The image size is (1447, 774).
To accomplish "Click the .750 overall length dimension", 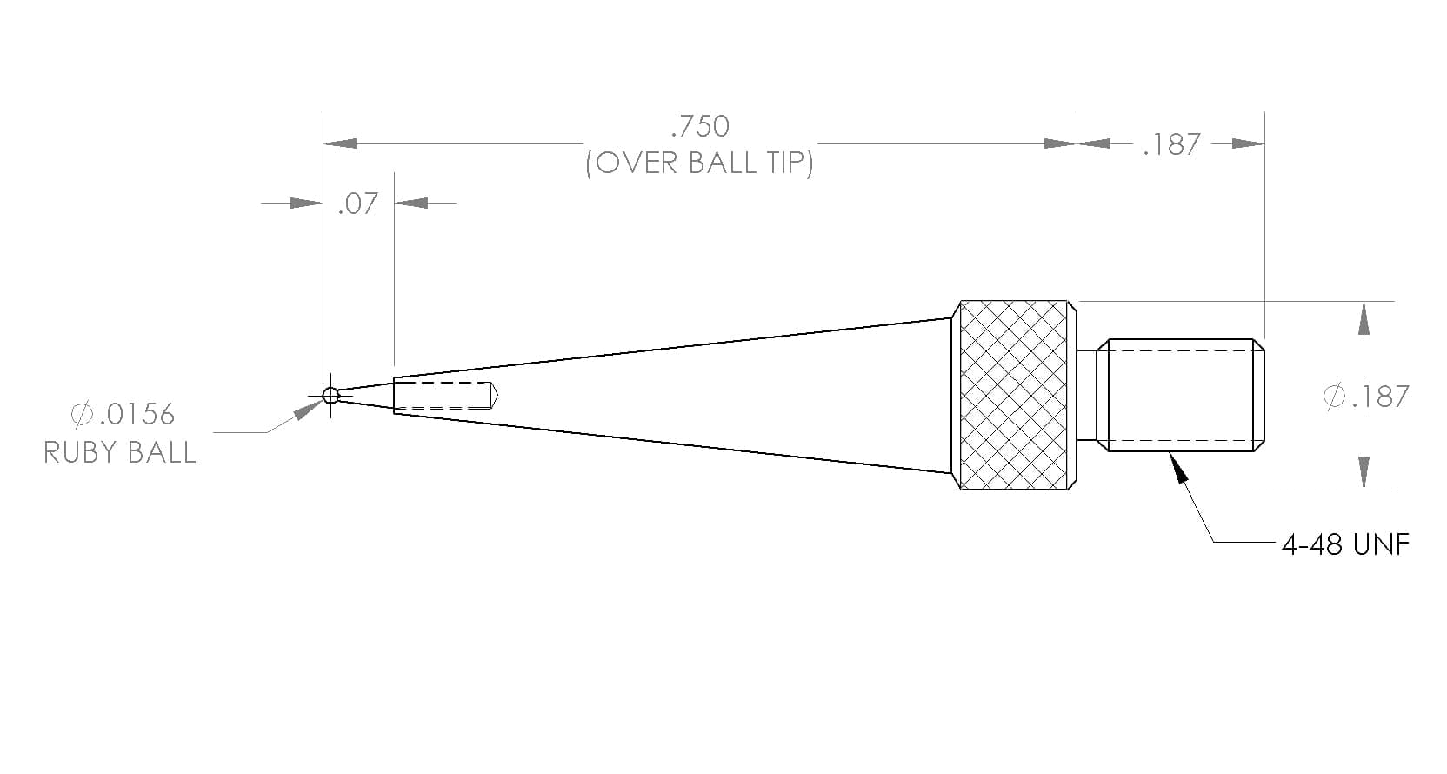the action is (x=700, y=126).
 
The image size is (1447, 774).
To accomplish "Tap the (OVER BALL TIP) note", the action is (x=700, y=163).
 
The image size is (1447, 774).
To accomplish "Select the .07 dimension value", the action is (x=358, y=204).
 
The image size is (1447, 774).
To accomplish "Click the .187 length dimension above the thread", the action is (x=1171, y=144).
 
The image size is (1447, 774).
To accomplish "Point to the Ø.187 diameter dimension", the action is (x=1365, y=396).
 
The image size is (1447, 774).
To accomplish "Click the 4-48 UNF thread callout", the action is (x=1345, y=544).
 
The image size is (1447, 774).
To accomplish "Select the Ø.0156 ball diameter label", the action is (x=123, y=414).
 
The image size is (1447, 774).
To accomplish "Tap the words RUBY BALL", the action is (x=119, y=452).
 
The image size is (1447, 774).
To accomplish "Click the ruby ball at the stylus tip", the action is (x=330, y=395).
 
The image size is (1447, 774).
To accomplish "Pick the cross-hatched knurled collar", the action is (x=1014, y=395).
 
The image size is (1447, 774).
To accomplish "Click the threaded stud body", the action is (x=1181, y=395).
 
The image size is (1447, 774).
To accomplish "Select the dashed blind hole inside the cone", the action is (x=446, y=395).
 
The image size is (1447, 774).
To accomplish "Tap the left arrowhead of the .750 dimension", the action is (x=340, y=143).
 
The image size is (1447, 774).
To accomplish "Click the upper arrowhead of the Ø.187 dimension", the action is (x=1364, y=318).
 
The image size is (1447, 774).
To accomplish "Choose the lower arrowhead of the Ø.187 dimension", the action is (x=1364, y=473).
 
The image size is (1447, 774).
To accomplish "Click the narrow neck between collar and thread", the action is (x=1087, y=395).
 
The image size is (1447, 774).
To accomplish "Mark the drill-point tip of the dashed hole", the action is (x=498, y=395).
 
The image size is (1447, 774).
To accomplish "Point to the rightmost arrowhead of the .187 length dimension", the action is (x=1248, y=143).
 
